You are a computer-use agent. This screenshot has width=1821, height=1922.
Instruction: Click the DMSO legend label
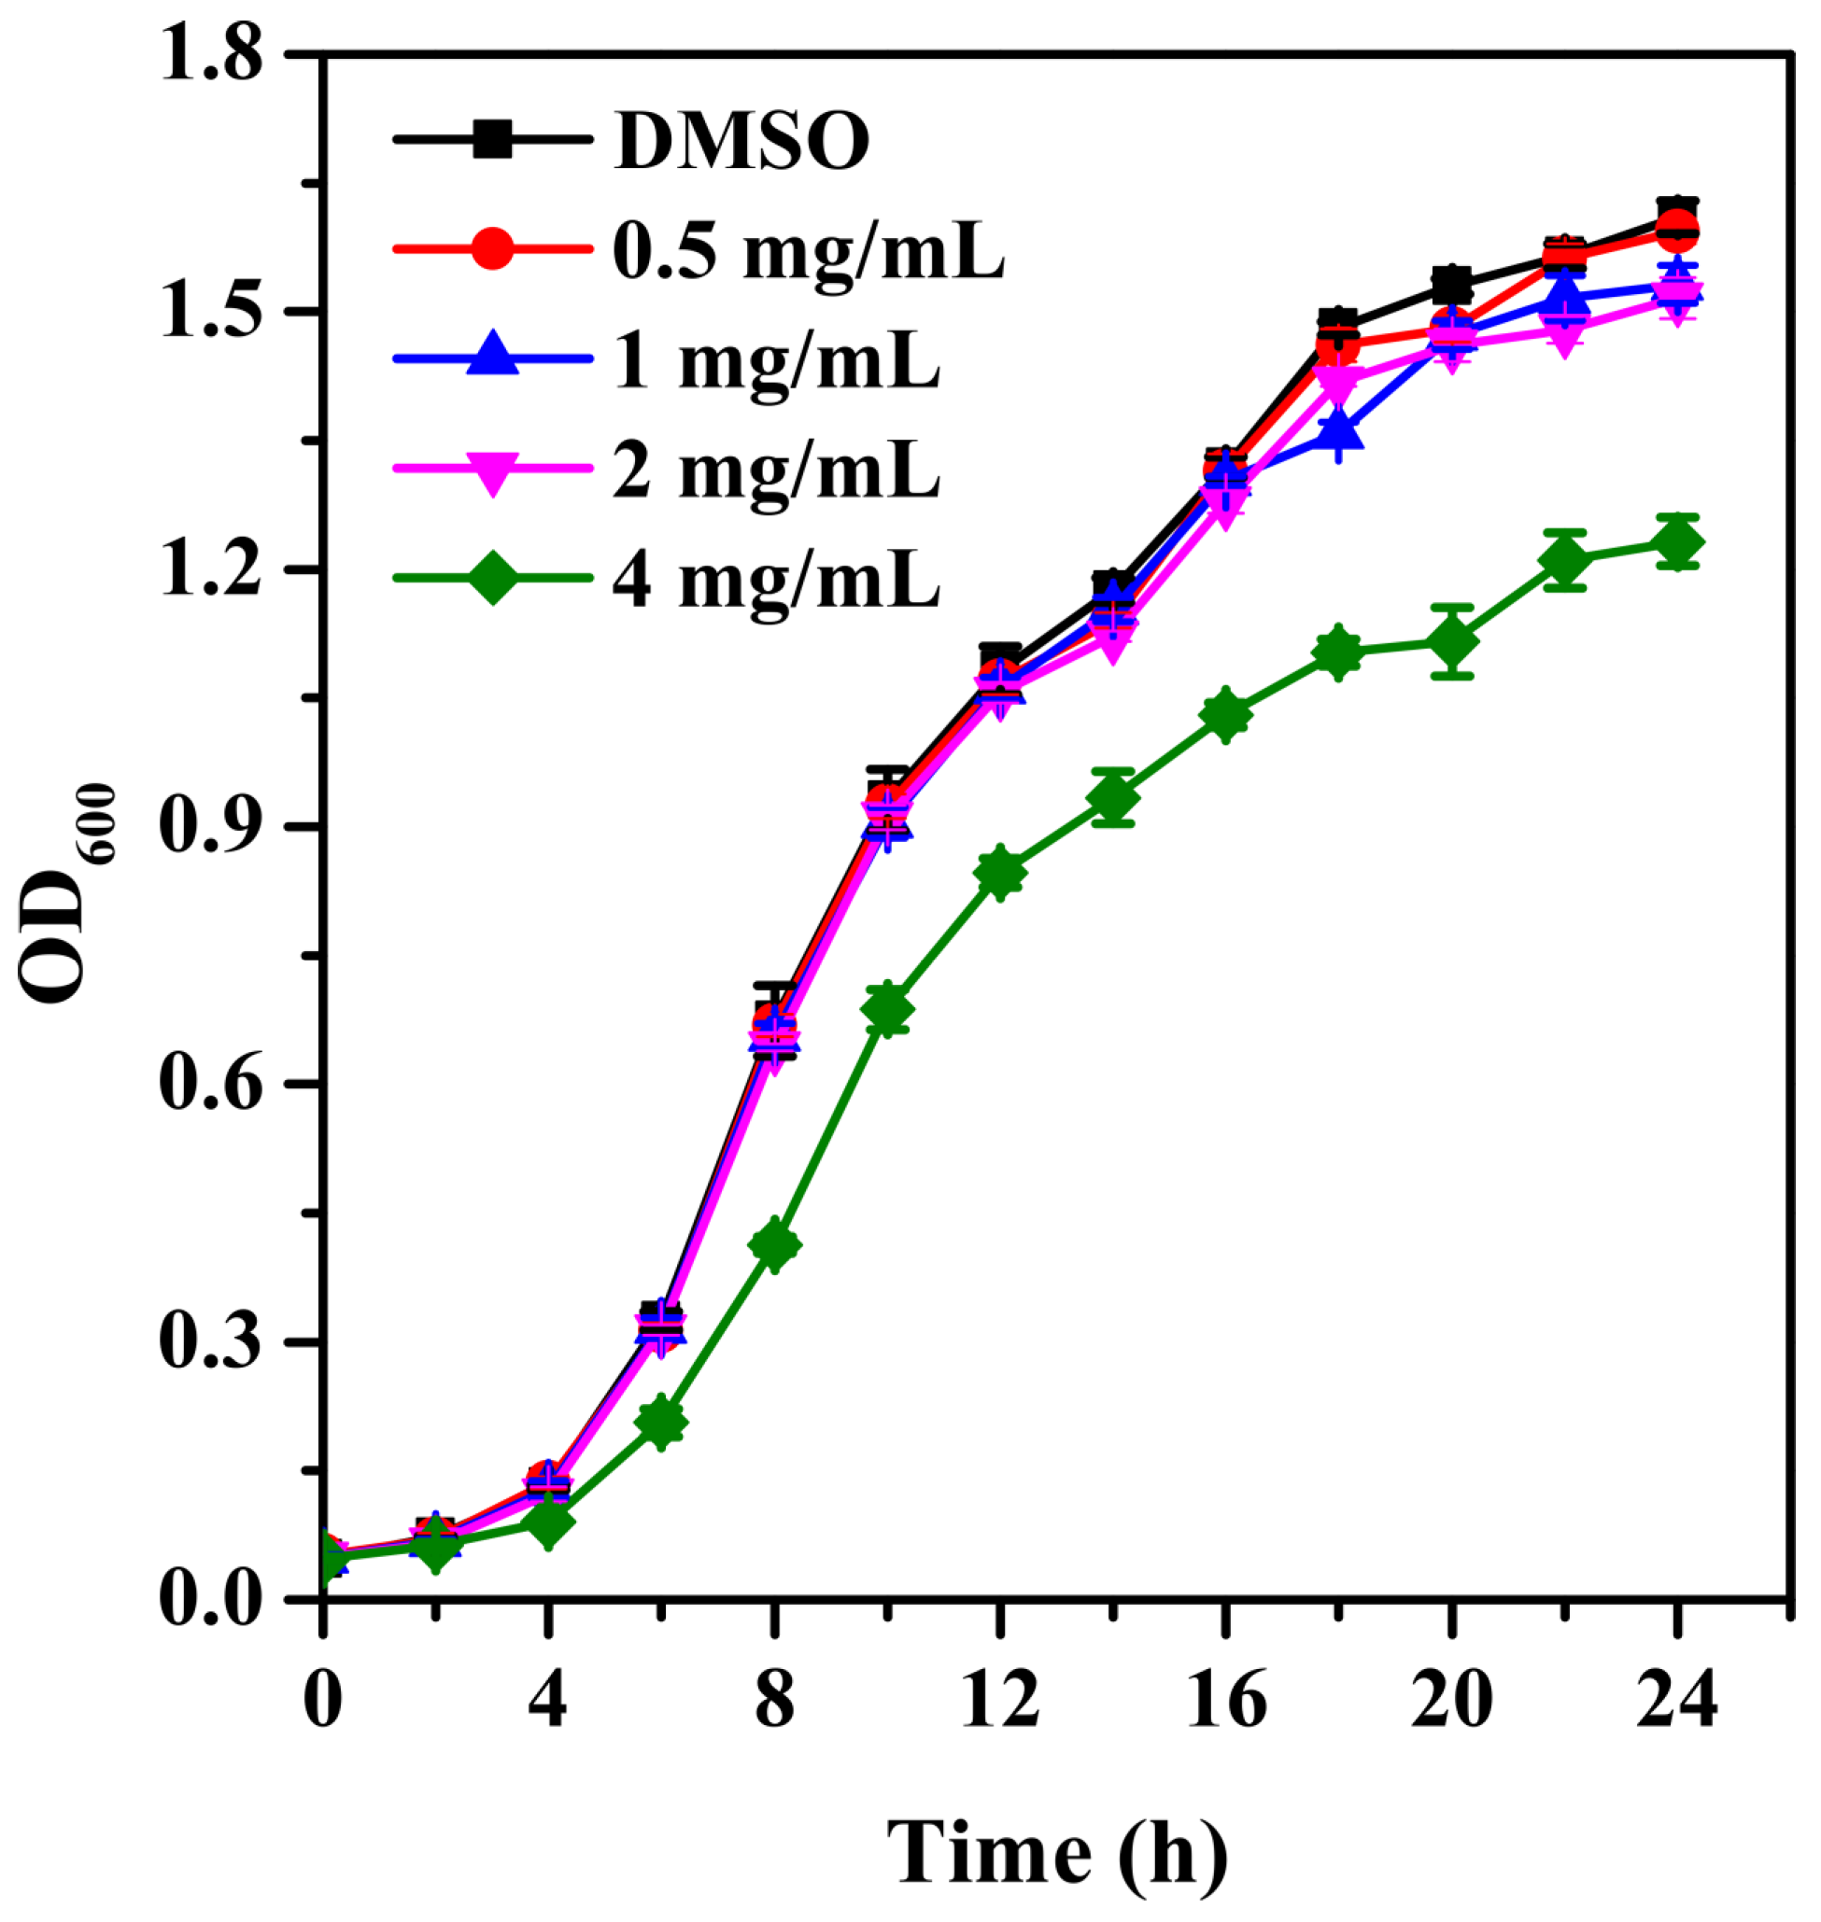click(x=742, y=142)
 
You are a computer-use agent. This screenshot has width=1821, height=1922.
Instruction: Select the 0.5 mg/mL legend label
click(x=809, y=250)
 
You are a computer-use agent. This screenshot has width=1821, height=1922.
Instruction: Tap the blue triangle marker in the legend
click(x=493, y=357)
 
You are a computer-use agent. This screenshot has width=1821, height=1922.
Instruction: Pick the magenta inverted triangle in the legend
click(x=493, y=469)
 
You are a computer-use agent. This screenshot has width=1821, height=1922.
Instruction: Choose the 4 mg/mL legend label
click(x=777, y=581)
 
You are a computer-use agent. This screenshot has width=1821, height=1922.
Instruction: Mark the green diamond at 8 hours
click(x=774, y=1243)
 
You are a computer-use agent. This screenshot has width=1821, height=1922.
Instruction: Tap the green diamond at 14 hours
click(x=1113, y=796)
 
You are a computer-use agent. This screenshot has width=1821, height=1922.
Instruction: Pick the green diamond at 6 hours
click(x=661, y=1423)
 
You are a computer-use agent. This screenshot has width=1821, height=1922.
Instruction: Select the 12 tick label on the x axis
click(x=1000, y=1700)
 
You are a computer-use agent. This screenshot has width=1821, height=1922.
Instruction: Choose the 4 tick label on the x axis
click(x=548, y=1700)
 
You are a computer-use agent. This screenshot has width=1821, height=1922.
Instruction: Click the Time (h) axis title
click(x=1057, y=1852)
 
